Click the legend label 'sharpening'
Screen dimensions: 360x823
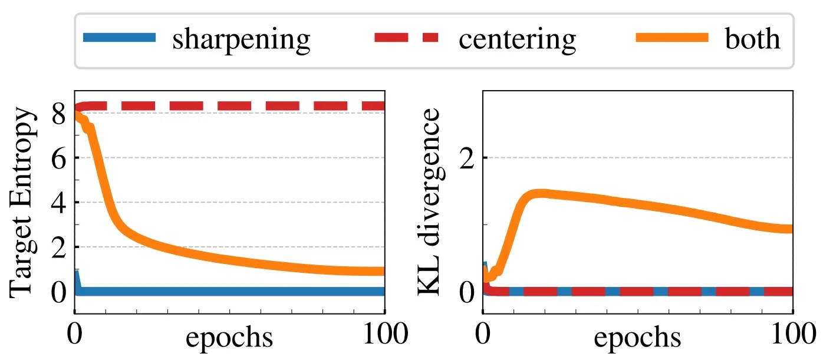[241, 39]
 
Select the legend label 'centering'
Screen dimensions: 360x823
[517, 39]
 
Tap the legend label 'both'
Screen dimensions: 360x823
[753, 39]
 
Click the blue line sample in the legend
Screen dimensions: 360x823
[120, 38]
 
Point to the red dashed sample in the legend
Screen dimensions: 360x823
[406, 38]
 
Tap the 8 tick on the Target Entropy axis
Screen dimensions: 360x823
[58, 113]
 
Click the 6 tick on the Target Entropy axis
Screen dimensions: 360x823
[58, 158]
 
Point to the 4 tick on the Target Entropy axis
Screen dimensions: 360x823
[58, 203]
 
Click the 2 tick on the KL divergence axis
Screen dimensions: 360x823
[467, 158]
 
